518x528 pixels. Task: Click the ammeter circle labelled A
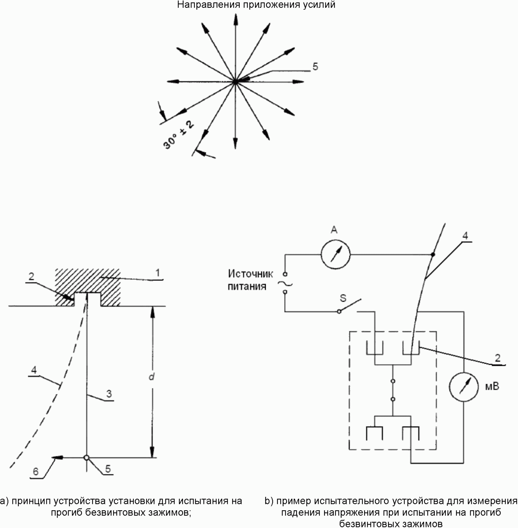335,254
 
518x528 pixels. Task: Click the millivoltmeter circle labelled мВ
463,386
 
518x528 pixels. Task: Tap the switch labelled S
350,306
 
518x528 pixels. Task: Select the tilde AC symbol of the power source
285,284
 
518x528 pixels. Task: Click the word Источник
250,274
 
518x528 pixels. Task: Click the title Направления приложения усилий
256,5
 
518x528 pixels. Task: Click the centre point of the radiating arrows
235,82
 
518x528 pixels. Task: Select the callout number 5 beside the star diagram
315,67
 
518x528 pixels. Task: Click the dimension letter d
151,377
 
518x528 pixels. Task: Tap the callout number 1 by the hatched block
158,273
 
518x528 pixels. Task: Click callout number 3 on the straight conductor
109,393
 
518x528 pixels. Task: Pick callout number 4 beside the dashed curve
34,370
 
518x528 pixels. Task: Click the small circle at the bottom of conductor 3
86,458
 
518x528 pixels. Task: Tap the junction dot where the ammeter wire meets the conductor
433,254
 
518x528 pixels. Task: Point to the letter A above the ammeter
334,230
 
